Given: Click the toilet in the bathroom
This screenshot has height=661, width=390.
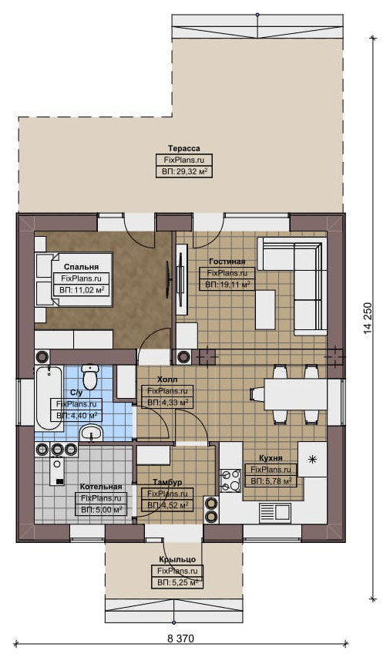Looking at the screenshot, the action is (89, 376).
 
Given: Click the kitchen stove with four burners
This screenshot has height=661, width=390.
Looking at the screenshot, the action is (230, 481).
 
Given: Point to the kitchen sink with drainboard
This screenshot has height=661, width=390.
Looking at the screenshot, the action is (274, 512).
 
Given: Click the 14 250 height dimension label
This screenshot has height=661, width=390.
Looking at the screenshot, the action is (368, 319).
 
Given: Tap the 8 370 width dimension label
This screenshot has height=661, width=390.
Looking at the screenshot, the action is (180, 638).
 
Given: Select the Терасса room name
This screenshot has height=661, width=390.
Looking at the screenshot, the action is (184, 148).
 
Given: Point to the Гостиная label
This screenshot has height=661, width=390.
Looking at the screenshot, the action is (227, 261).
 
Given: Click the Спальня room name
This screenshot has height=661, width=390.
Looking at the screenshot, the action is (81, 267).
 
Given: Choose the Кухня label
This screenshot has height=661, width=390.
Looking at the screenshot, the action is (271, 458).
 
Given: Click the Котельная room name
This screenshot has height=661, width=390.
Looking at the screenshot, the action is (101, 487).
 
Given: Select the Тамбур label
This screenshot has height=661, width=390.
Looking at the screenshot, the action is (167, 482).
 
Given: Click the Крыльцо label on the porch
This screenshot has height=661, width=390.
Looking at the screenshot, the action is (177, 559).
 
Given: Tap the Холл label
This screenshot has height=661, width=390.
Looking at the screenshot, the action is (167, 379).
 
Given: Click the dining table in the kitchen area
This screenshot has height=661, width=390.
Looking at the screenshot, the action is (296, 394).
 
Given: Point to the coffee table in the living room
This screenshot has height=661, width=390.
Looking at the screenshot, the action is (265, 310).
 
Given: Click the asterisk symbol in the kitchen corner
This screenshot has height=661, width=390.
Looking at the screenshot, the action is (312, 460).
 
